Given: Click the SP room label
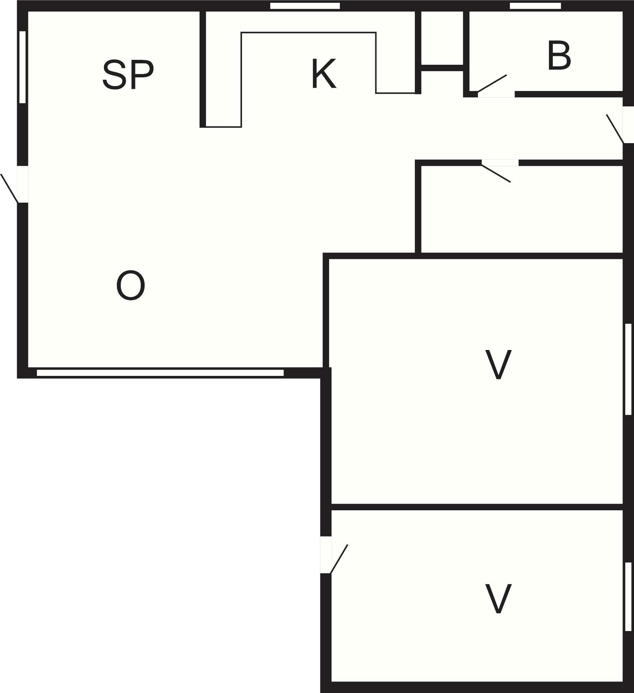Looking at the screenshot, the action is [128, 75].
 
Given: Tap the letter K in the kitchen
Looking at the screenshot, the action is [324, 74].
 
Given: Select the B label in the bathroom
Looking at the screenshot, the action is [559, 56].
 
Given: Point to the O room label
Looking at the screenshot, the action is [131, 285].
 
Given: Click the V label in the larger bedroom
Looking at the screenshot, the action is [498, 364].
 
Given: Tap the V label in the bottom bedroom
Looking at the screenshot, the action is [498, 599].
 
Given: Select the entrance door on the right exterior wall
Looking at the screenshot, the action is [615, 128].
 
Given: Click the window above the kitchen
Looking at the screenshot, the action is [305, 6].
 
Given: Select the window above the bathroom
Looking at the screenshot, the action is [535, 6].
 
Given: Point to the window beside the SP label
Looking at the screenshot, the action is [22, 67].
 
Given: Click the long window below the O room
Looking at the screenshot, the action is [160, 373].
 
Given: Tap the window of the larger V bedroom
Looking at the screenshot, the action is [628, 369].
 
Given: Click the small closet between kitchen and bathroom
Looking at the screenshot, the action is [442, 38].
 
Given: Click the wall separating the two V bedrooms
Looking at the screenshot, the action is [477, 507].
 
